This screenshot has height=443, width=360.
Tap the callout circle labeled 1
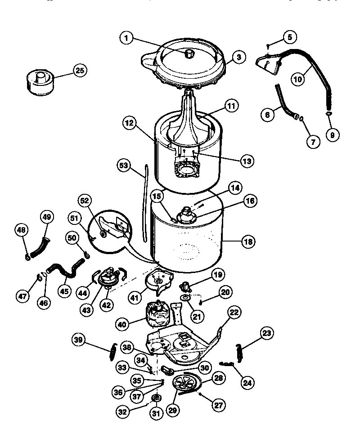click(127, 39)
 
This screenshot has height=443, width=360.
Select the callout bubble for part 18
click(248, 242)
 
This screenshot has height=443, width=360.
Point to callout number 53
click(123, 166)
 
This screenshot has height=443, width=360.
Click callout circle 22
click(234, 312)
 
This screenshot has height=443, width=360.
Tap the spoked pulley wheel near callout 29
click(186, 385)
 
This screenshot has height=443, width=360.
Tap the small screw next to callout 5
click(267, 45)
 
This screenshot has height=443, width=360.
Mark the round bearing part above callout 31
click(157, 398)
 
